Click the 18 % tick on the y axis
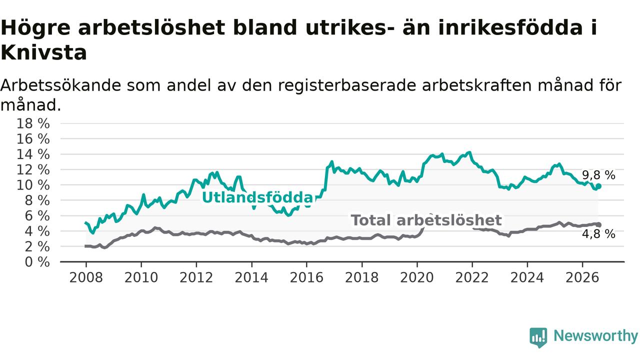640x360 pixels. [33, 123]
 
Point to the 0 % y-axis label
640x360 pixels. [37, 262]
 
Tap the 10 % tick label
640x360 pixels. [33, 185]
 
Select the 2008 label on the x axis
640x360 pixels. [86, 277]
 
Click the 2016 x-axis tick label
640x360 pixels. [306, 277]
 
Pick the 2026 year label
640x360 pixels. [582, 277]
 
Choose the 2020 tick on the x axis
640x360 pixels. [417, 277]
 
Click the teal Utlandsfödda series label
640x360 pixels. [258, 197]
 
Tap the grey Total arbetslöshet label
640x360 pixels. [426, 220]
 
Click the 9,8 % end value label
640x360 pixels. [598, 175]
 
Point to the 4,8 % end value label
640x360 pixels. [598, 234]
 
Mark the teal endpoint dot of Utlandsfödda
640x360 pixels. [598, 186]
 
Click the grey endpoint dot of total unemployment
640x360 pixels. [598, 225]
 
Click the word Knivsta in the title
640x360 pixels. [43, 52]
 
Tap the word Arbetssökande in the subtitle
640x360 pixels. [61, 85]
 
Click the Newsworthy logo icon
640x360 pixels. [538, 337]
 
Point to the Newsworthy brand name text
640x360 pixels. [595, 336]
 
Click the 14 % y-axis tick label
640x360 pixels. [33, 154]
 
